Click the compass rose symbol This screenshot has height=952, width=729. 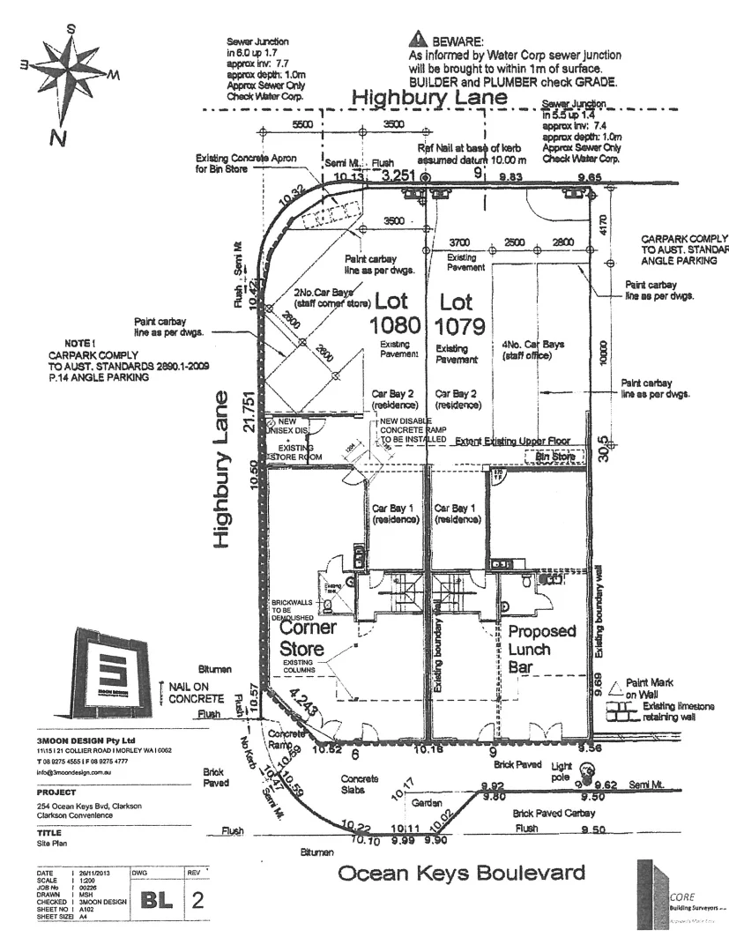tap(67, 72)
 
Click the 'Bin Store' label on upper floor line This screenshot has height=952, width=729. tap(554, 457)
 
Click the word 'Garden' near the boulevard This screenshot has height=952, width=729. tap(426, 803)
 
